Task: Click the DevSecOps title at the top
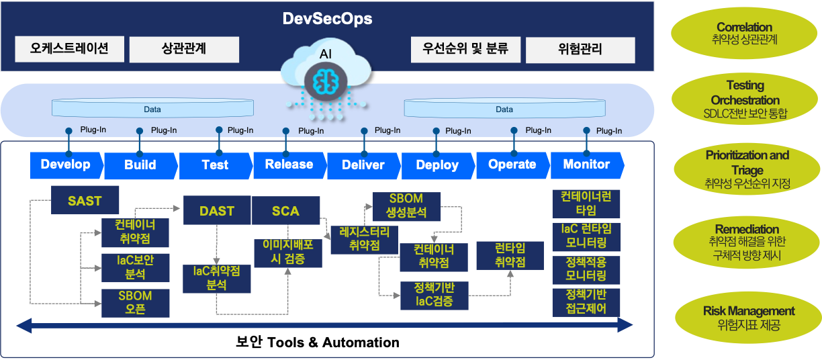pos(327,18)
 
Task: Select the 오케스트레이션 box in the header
pos(69,49)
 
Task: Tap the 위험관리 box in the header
pos(580,50)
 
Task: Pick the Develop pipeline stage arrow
pos(66,165)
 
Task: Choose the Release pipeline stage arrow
pos(289,165)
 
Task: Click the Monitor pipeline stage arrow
pos(586,165)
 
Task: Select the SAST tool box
pos(85,200)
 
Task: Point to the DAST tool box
pos(217,211)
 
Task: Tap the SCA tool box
pos(285,211)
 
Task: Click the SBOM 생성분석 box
pos(406,206)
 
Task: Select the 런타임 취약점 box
pos(510,255)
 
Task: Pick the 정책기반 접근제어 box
pos(586,302)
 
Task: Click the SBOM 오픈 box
pos(135,303)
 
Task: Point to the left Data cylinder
pos(152,109)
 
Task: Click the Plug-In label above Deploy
pos(458,131)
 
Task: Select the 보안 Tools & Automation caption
pos(318,343)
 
